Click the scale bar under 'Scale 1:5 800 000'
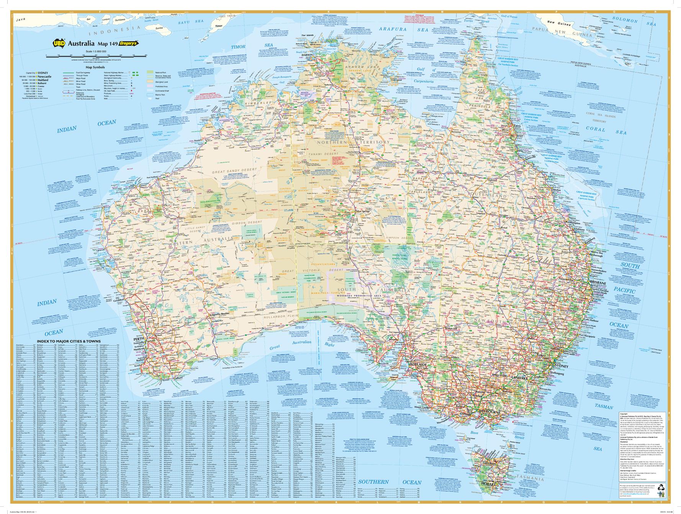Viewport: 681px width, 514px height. coord(96,56)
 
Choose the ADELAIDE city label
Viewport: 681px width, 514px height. coord(418,365)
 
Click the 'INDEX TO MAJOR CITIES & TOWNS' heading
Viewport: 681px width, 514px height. coord(69,341)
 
